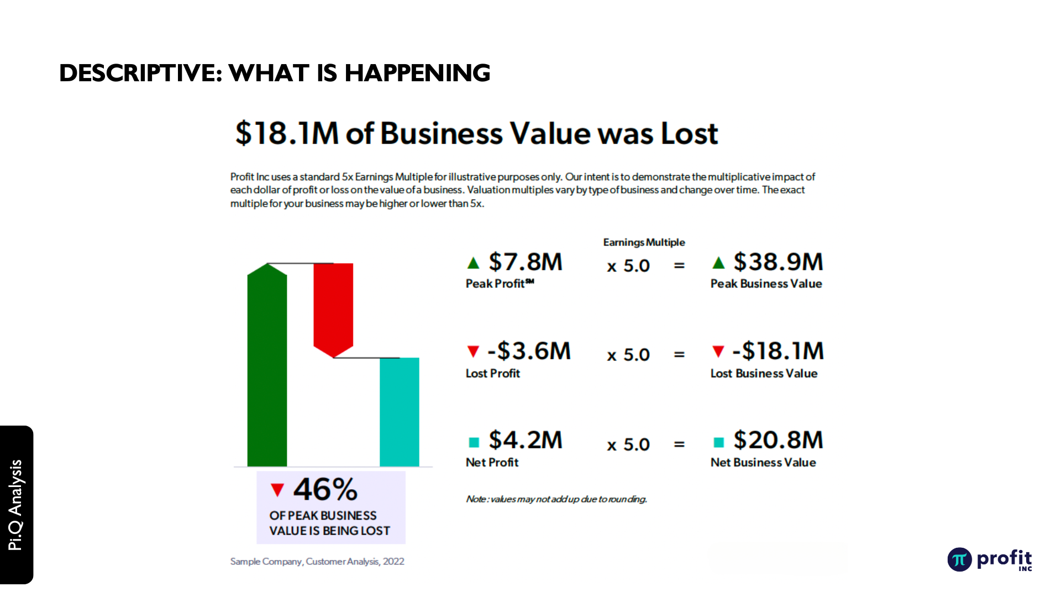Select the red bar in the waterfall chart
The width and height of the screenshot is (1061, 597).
point(333,308)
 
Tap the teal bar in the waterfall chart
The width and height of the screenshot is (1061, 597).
point(399,412)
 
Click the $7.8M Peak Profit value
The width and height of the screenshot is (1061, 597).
point(525,262)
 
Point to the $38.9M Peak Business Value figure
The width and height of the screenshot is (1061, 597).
point(778,262)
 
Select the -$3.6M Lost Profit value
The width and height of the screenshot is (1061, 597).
point(529,351)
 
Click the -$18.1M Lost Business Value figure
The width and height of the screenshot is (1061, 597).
point(778,351)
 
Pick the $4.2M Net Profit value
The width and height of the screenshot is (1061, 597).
point(525,441)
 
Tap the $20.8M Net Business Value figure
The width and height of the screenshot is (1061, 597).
point(778,441)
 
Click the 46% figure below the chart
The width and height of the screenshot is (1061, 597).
point(325,489)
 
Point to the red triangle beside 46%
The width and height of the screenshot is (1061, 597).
point(277,490)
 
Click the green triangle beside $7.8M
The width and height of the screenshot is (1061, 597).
point(474,263)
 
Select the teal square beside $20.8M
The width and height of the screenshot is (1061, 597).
point(718,442)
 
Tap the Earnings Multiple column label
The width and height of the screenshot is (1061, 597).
point(644,242)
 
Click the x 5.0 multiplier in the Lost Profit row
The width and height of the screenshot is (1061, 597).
point(628,355)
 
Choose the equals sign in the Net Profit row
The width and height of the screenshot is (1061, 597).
point(679,444)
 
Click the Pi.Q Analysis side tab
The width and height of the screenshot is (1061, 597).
point(15,505)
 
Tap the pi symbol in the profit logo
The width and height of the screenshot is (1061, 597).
point(959,559)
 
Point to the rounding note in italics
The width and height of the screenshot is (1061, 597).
point(556,499)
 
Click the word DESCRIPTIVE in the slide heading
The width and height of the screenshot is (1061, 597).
point(140,73)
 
